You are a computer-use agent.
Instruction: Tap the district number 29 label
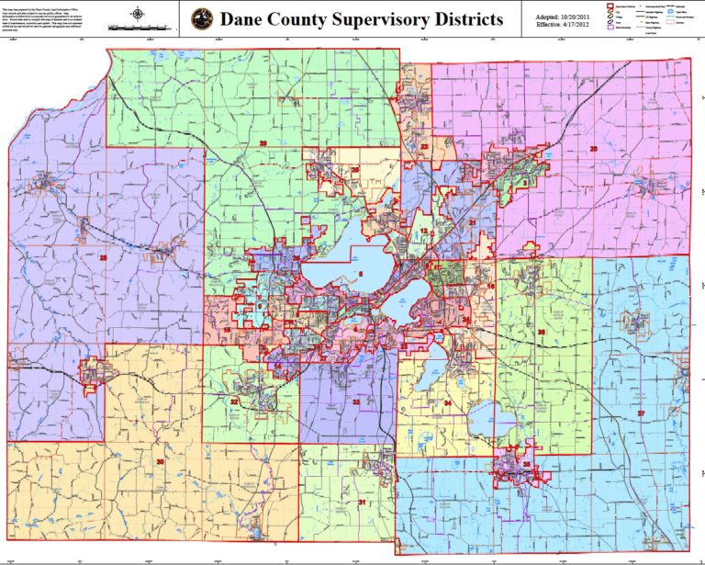[263, 143]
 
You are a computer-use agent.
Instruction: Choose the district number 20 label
[593, 149]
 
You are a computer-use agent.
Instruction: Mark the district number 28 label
[104, 258]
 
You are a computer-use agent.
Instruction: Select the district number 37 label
[642, 413]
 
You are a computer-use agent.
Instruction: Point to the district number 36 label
[542, 332]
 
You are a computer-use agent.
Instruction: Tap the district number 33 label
[355, 402]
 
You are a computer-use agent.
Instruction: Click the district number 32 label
[235, 401]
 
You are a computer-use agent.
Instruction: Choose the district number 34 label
[447, 403]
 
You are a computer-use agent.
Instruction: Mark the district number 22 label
[424, 147]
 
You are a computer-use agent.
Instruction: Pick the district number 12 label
[423, 232]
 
